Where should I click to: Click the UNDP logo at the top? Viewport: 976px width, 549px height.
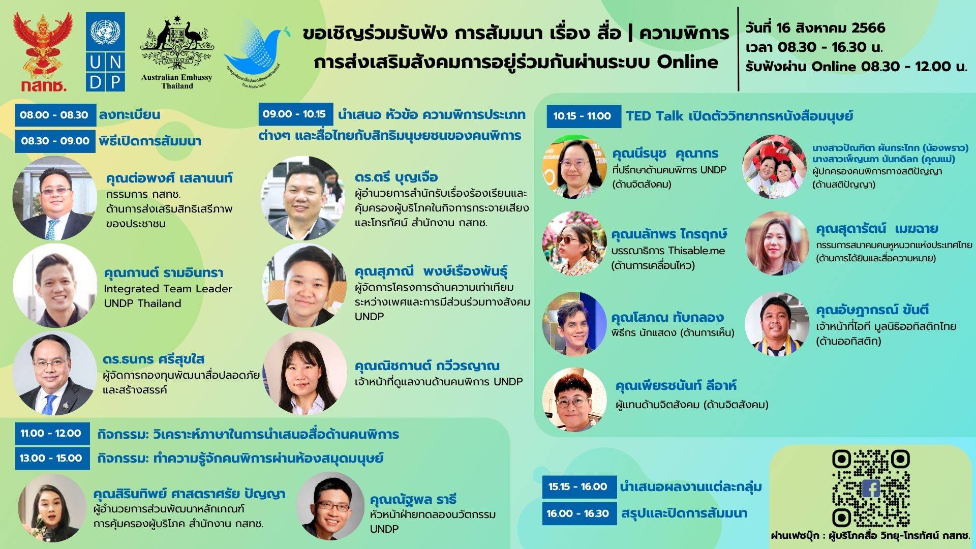pos(105,52)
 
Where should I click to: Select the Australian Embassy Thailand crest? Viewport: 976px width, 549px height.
pos(177,52)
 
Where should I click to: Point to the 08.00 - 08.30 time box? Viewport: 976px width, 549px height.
pos(55,115)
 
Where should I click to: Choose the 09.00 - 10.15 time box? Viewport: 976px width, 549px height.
pos(295,114)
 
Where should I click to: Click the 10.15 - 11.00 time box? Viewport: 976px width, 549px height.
pos(584,116)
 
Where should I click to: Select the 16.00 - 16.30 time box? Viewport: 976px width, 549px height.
pos(579,513)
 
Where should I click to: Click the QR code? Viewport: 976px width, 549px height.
pos(870,488)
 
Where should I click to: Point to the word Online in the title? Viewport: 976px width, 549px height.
pos(688,62)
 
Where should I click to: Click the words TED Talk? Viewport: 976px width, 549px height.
pos(655,116)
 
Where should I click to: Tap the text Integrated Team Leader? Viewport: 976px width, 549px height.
pos(168,289)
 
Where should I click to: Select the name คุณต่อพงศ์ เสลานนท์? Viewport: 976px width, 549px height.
pos(169,178)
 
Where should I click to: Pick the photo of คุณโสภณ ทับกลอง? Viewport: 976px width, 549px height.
pos(574,324)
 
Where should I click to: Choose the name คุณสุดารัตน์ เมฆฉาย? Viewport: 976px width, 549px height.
pos(877,229)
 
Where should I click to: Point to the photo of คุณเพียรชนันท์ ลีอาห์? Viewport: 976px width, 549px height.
pos(574,400)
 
